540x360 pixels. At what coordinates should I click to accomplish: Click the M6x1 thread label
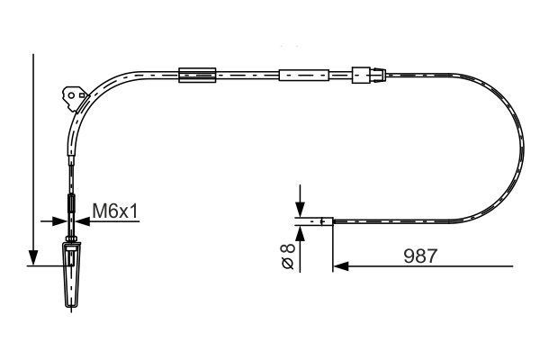[115, 211]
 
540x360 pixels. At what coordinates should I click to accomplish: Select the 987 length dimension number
[419, 256]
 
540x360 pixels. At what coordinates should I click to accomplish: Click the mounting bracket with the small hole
[70, 94]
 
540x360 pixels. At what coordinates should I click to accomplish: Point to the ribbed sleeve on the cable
[198, 75]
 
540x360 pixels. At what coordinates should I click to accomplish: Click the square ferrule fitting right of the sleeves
[361, 76]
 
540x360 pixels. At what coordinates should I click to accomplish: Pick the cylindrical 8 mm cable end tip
[316, 220]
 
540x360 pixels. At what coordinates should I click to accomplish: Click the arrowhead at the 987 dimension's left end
[340, 265]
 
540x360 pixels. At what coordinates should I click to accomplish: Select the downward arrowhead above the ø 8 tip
[301, 210]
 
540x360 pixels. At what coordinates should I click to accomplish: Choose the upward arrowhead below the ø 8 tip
[301, 232]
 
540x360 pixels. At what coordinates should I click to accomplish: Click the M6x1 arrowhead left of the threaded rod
[60, 221]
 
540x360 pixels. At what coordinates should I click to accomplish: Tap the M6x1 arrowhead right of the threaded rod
[81, 221]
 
